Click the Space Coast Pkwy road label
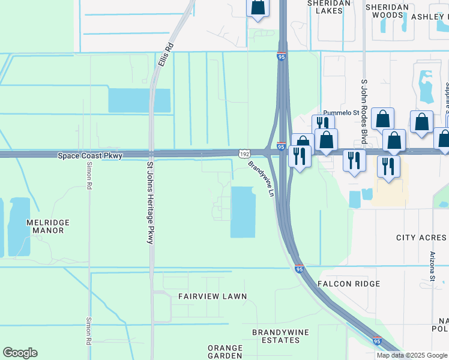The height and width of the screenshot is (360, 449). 90,155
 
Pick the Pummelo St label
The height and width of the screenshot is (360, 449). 340,112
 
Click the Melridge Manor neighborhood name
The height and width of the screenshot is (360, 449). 49,226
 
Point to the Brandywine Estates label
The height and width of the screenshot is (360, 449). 276,336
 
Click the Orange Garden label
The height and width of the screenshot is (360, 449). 224,352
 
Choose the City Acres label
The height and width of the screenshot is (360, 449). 421,238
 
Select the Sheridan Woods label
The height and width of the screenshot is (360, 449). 387,11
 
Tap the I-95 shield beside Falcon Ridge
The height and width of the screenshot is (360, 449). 299,269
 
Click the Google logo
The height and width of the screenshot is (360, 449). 20,353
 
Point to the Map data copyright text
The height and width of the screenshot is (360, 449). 411,355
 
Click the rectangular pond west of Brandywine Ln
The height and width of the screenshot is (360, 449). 243,212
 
